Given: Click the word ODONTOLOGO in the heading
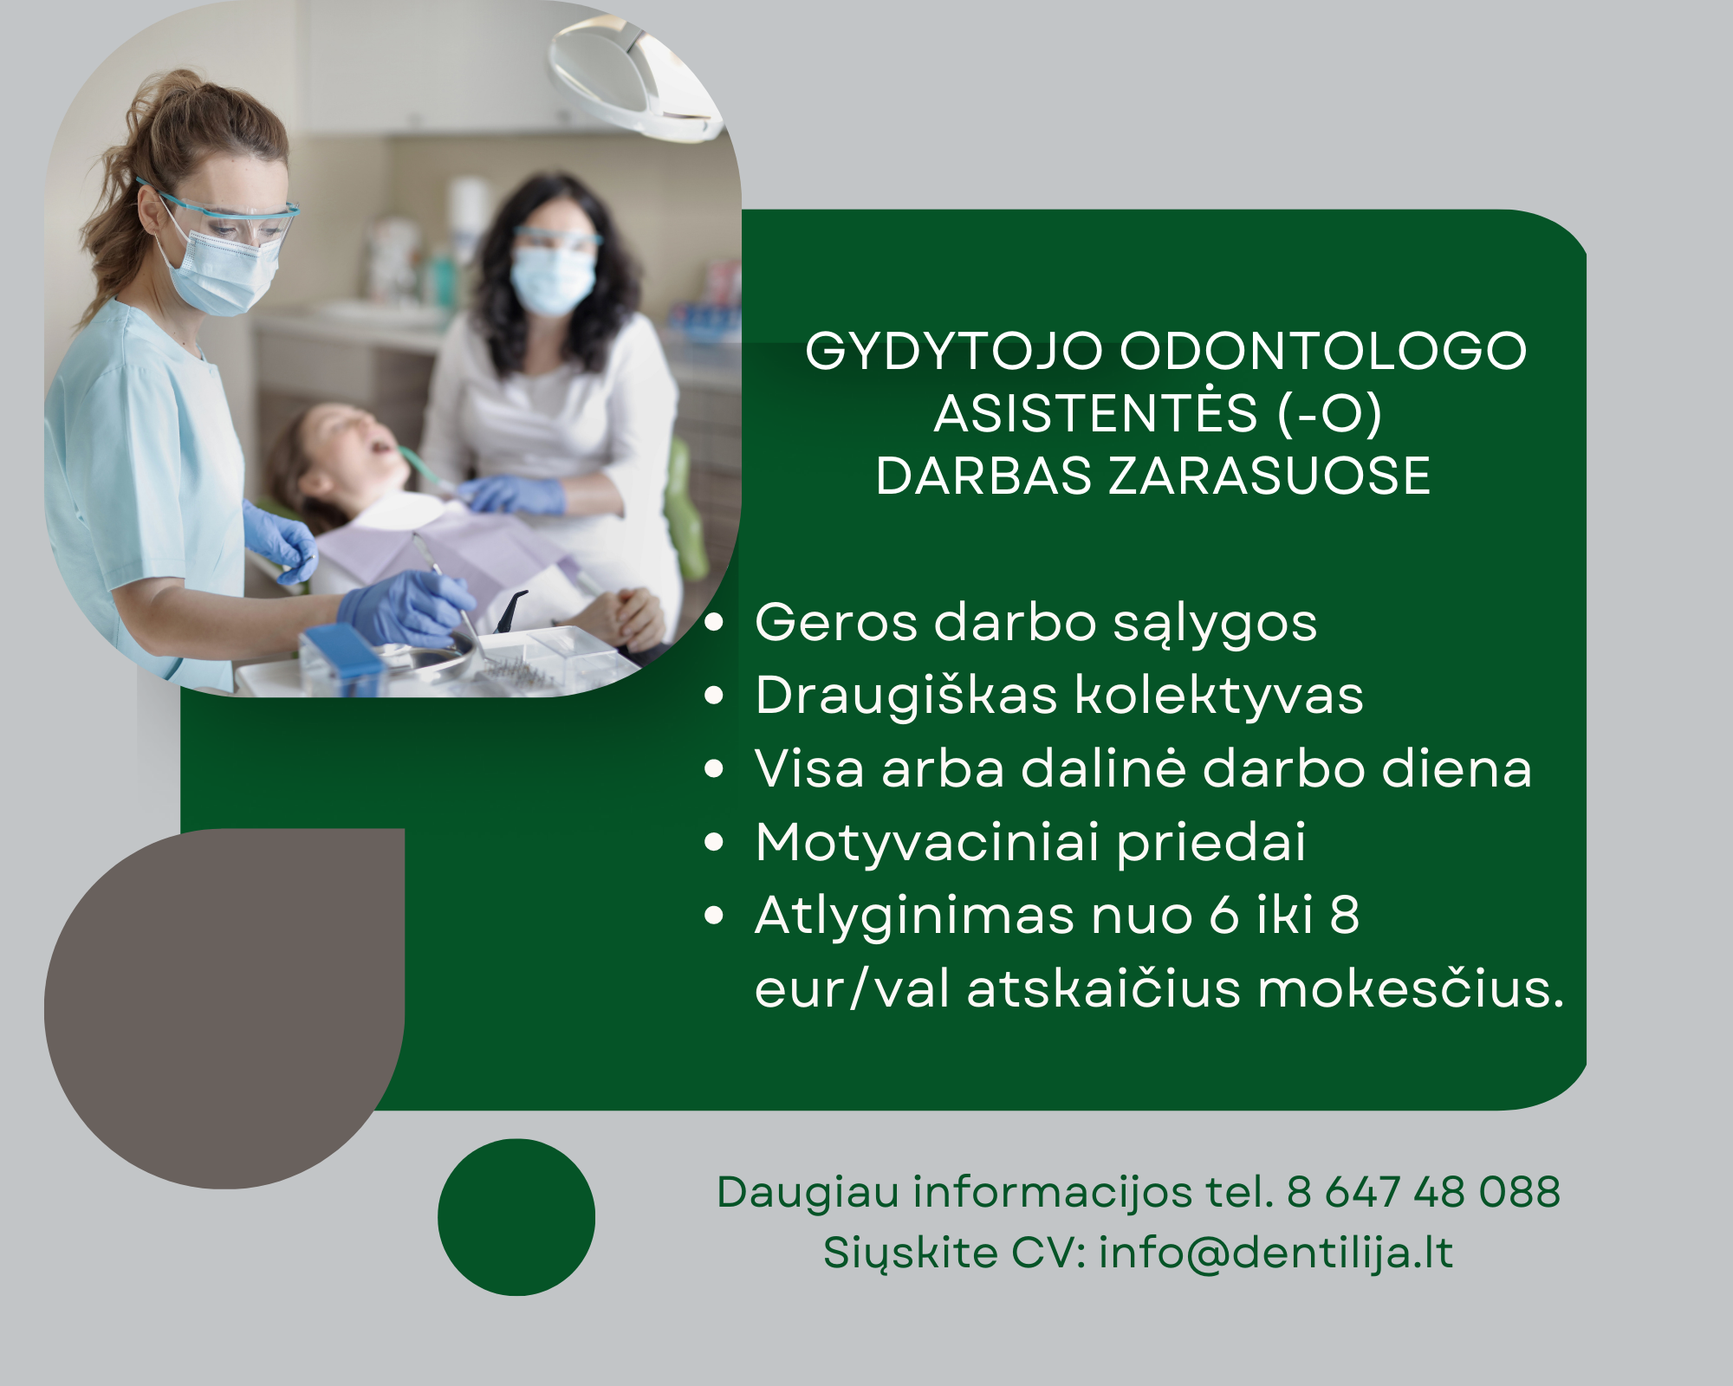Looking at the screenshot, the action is coord(1323,352).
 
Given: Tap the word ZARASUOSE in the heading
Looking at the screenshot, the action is coord(1269,476).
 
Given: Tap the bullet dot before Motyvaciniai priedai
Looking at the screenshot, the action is coord(714,842).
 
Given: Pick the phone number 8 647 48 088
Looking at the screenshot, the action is coord(1424,1192).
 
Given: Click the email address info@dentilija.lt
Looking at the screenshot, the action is coord(1275,1253).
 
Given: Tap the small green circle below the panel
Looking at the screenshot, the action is coord(516,1217).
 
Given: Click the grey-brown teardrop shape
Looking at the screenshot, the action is coord(224,1008).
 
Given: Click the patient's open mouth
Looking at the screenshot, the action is coord(381,447).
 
